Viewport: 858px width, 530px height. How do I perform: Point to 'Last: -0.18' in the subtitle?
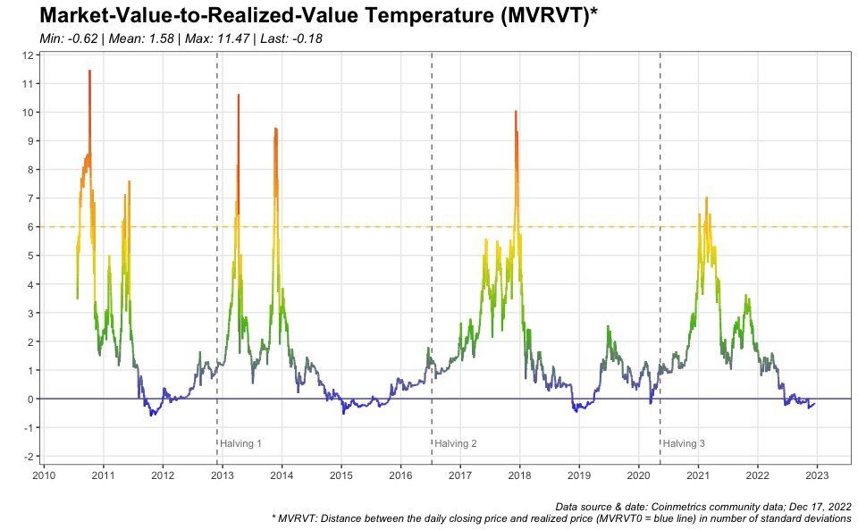(290, 39)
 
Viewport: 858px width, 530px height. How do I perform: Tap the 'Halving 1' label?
(241, 443)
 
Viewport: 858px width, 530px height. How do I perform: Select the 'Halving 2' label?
(456, 443)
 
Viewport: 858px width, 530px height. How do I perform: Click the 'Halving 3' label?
(684, 443)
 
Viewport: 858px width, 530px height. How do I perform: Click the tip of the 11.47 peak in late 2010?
(89, 71)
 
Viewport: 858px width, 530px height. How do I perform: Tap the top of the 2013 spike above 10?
(238, 95)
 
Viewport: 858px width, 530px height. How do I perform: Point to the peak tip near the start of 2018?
(516, 112)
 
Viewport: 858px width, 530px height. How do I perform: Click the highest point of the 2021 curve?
(706, 198)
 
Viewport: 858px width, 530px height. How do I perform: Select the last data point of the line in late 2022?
(814, 404)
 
